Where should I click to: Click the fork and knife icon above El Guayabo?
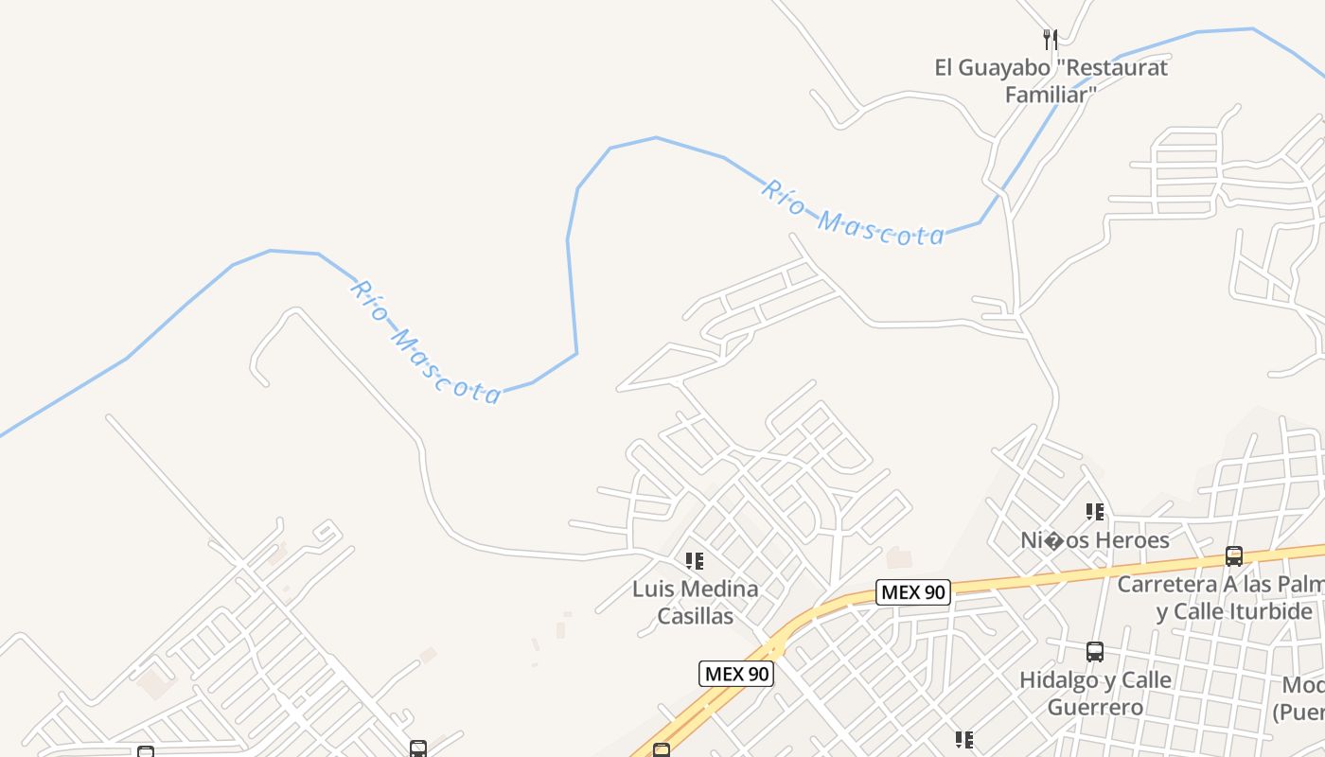[1050, 40]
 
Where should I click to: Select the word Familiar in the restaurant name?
[1046, 95]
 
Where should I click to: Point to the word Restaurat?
[1123, 67]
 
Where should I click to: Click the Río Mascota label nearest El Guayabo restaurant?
[853, 213]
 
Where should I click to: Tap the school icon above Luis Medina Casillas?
[695, 561]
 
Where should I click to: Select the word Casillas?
[696, 616]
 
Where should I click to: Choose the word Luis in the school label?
[653, 590]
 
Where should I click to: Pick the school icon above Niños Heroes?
[1095, 512]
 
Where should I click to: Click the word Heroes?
[1133, 540]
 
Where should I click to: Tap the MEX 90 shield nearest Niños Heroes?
[912, 593]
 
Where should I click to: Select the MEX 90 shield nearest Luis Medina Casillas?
[736, 674]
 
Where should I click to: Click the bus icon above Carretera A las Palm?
[1233, 556]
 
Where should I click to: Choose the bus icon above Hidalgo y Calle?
[1095, 652]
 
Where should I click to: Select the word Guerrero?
[1095, 707]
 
